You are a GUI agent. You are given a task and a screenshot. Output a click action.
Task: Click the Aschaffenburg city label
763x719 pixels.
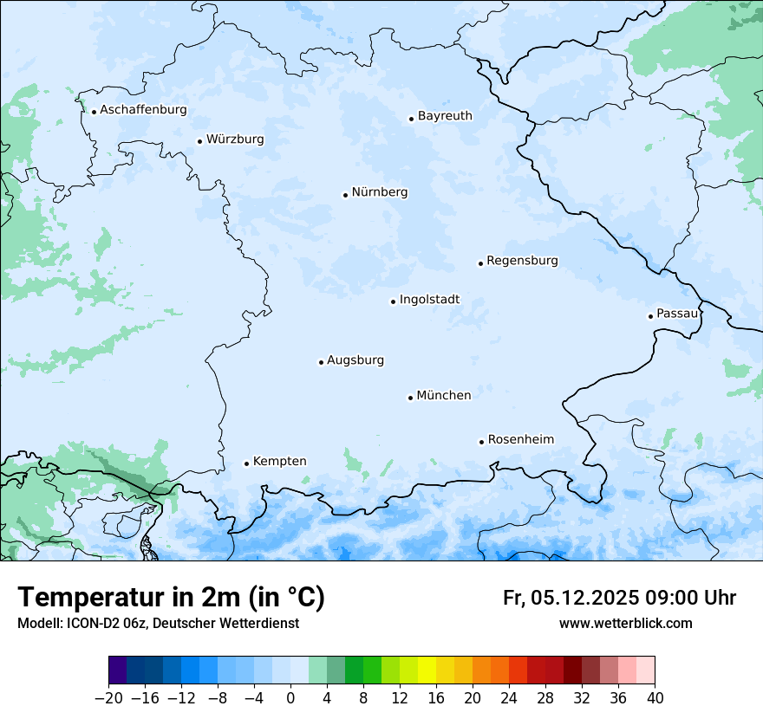coord(143,110)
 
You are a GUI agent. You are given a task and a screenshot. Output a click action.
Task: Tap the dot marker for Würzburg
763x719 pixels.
coord(199,141)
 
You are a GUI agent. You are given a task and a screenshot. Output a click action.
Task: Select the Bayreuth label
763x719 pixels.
coord(445,116)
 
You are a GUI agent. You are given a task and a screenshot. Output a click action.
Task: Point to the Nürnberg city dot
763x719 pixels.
coord(345,195)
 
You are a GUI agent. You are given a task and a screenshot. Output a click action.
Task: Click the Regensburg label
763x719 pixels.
coord(522,261)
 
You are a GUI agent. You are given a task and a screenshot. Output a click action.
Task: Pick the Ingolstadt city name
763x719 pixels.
coord(429,300)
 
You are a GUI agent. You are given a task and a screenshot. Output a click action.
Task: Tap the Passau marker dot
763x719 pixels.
coord(650,316)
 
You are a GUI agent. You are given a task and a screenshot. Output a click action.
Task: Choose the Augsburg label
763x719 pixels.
coord(355,360)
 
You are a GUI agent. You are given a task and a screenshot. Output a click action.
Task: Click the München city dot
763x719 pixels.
coord(410,398)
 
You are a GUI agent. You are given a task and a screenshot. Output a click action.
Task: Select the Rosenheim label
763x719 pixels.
coord(520,440)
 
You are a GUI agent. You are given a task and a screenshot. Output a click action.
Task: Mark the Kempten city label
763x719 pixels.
coord(279,462)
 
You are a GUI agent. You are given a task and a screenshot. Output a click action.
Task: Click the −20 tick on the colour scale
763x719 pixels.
coord(109,696)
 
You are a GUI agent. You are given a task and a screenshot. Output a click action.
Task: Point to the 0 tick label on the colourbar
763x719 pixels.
coord(290,696)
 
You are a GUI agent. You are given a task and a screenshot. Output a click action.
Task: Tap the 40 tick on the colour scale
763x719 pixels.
coord(655,696)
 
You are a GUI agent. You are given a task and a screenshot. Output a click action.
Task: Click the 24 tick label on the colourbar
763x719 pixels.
coord(509,696)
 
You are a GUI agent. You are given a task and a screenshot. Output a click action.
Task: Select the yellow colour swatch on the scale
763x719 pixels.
coord(427,670)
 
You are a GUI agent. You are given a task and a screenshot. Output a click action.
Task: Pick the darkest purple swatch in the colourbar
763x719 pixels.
coord(118,670)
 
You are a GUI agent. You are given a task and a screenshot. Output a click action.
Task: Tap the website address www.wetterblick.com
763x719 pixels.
coord(625,623)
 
